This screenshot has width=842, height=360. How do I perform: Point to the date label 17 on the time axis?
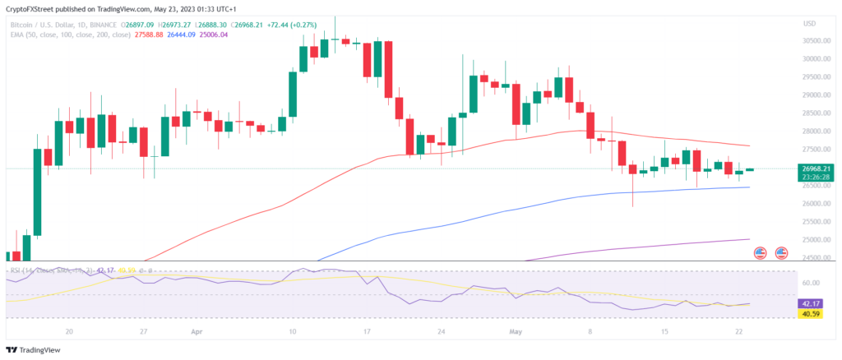[x=367, y=332]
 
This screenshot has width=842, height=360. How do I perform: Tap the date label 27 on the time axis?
[x=144, y=332]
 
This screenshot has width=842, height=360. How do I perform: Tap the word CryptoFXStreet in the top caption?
[x=31, y=8]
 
